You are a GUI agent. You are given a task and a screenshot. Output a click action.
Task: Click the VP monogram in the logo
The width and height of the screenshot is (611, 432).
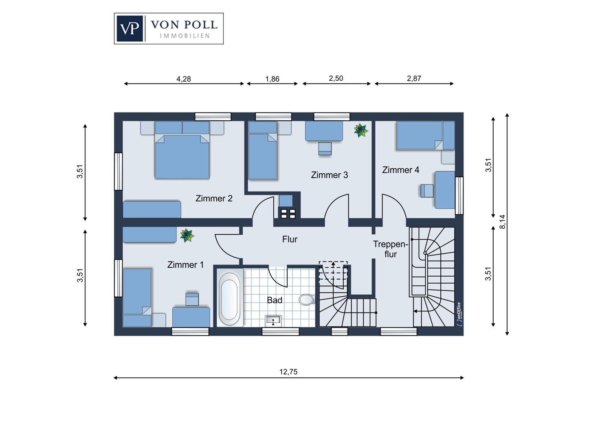coord(130,29)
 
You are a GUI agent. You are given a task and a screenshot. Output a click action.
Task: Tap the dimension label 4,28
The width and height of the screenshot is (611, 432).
coord(184,79)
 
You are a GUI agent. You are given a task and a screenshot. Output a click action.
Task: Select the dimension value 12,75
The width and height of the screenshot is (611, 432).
coord(288,372)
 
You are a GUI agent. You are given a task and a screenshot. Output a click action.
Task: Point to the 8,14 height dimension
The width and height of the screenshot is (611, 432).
coord(502,222)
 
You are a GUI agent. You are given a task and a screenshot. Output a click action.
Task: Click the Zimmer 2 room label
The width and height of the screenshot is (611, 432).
coord(214,198)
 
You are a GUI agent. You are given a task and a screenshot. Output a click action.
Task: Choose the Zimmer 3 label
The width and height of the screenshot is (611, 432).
coord(330,175)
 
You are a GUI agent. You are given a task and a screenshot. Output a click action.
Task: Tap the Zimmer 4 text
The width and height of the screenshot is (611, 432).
coord(400,170)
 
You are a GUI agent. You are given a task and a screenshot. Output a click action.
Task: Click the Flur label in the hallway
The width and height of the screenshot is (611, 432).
coord(290,239)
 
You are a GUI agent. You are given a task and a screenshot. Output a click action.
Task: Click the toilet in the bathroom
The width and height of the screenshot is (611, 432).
coord(307,300)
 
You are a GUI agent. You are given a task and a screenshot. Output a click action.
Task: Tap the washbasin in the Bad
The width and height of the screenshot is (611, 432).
coord(273,320)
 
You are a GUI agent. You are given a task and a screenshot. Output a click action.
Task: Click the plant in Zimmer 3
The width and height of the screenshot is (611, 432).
coord(360,130)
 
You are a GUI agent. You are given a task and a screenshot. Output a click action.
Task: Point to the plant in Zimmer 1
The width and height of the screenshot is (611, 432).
coord(187,235)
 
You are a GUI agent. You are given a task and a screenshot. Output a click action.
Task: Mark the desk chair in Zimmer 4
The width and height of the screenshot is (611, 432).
coord(427,191)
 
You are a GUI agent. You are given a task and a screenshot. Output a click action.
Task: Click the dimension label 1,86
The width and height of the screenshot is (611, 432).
coord(272,79)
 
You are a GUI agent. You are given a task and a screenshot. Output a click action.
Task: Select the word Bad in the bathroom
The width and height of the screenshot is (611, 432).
coord(275,300)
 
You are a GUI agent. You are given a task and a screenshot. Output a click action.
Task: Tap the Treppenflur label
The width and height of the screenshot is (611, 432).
coord(390,249)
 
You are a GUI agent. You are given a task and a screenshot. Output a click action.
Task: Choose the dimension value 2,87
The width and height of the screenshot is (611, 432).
coord(414,79)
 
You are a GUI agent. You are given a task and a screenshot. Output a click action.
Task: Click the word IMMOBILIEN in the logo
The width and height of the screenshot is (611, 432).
coord(185,36)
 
